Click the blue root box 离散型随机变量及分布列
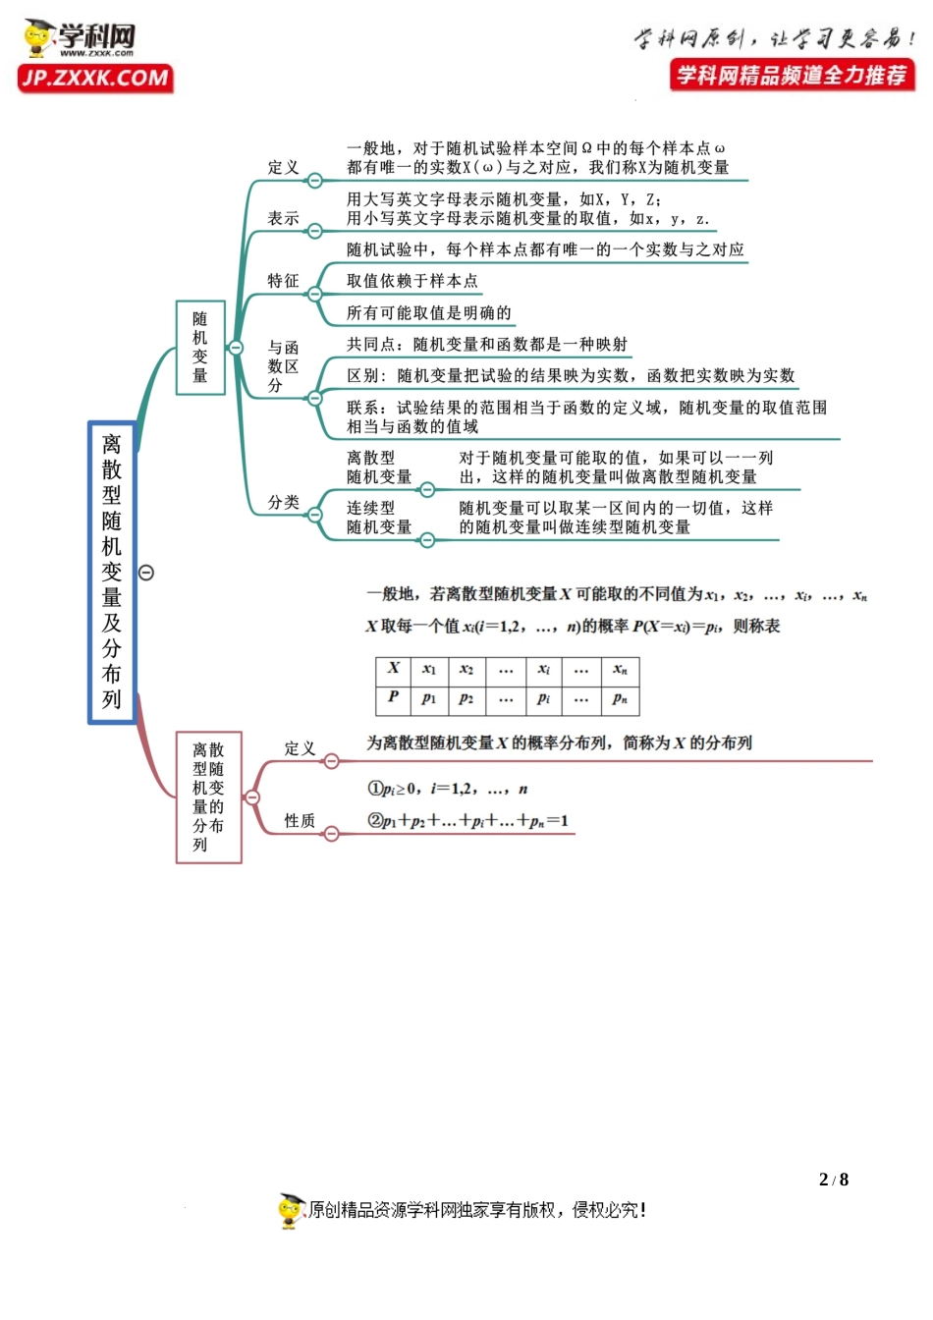[x=112, y=573]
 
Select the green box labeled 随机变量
[x=200, y=348]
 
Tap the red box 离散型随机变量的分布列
[x=208, y=797]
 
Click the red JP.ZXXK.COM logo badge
[x=95, y=79]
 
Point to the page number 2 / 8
[x=833, y=1180]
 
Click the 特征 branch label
[x=283, y=281]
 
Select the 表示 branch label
[x=283, y=218]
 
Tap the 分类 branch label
[x=283, y=502]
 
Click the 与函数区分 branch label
[x=283, y=366]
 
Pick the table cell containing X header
[x=394, y=669]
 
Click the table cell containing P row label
[x=394, y=697]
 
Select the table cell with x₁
[x=429, y=669]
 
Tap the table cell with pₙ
[x=620, y=698]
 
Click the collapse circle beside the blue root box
[x=146, y=573]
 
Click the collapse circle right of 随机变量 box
[x=236, y=347]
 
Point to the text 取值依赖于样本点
[x=412, y=281]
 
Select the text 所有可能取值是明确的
[x=429, y=313]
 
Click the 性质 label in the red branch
[x=300, y=820]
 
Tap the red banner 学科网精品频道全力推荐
[x=792, y=75]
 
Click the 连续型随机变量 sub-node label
[x=378, y=518]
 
